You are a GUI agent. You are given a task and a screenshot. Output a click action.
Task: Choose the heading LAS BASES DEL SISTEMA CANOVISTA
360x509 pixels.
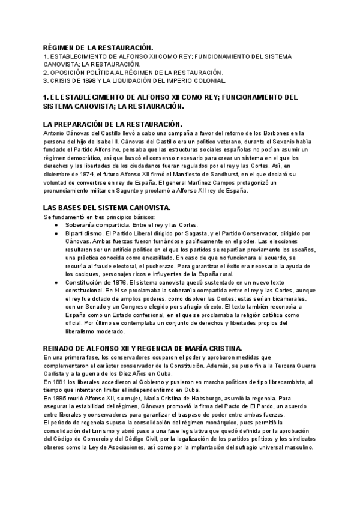click(x=107, y=208)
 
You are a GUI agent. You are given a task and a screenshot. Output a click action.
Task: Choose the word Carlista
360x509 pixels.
click(x=56, y=373)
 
